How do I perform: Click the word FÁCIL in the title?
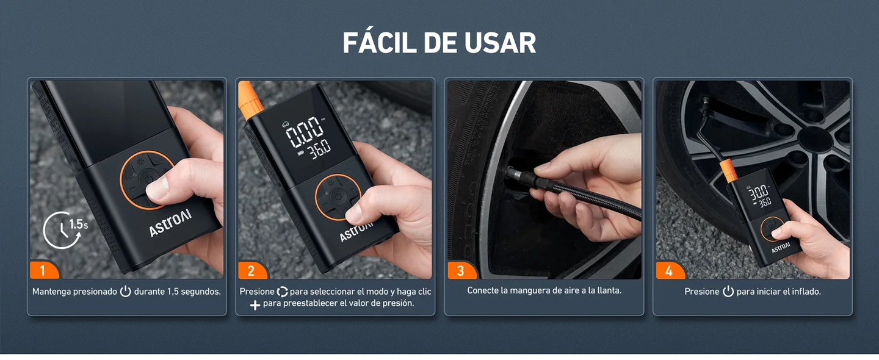[378, 43]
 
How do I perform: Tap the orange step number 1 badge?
[42, 271]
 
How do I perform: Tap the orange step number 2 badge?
[251, 271]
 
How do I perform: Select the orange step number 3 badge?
[460, 271]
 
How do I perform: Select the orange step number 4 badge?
[668, 271]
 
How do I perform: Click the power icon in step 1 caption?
[125, 292]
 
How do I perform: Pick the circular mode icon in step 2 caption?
[282, 292]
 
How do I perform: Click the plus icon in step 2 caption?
[255, 304]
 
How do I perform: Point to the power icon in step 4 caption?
[728, 292]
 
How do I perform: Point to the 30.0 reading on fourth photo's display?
[759, 192]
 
